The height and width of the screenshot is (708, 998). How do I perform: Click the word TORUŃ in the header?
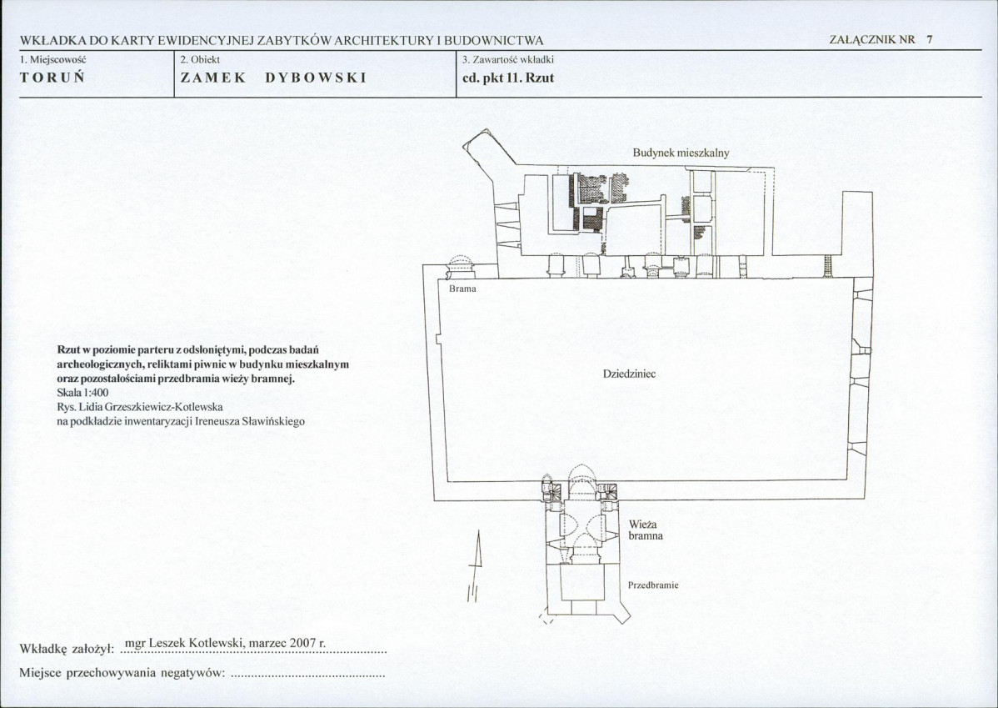pyautogui.click(x=52, y=78)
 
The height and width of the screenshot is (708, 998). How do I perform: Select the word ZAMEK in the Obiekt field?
pyautogui.click(x=213, y=78)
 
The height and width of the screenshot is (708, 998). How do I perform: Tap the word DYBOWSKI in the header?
pyautogui.click(x=316, y=78)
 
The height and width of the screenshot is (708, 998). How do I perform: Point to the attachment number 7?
pyautogui.click(x=929, y=39)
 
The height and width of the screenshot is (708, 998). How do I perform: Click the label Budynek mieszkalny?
pyautogui.click(x=681, y=153)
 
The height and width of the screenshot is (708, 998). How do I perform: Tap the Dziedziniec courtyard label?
pyautogui.click(x=629, y=374)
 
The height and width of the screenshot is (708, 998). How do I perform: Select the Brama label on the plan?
pyautogui.click(x=462, y=289)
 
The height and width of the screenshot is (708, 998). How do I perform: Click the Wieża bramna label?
pyautogui.click(x=646, y=530)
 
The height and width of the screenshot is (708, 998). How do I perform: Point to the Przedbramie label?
pyautogui.click(x=653, y=585)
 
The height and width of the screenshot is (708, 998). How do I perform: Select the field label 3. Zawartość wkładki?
pyautogui.click(x=508, y=59)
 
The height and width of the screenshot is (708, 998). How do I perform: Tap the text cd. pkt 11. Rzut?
pyautogui.click(x=508, y=78)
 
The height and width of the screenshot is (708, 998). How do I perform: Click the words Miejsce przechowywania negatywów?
pyautogui.click(x=122, y=673)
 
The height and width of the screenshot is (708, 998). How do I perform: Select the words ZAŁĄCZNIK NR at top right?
pyautogui.click(x=872, y=40)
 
